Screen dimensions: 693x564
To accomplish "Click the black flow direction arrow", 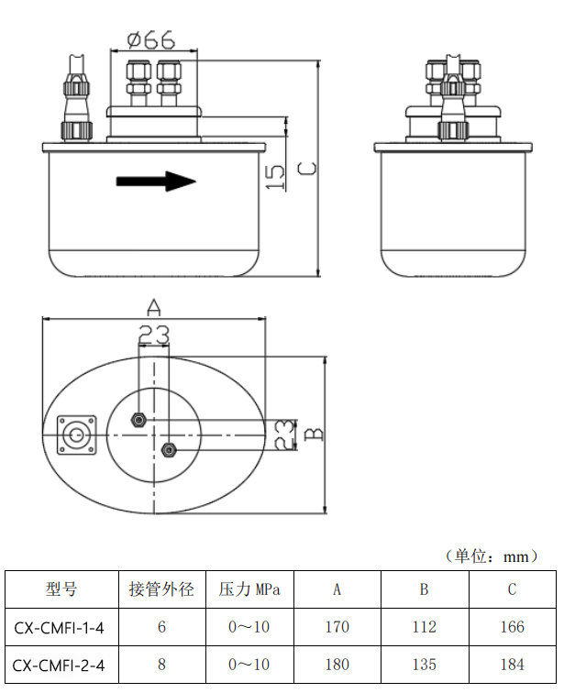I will point(156,181).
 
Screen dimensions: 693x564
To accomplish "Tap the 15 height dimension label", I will point(275,176).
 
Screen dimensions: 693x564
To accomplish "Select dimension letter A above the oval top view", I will point(154,306).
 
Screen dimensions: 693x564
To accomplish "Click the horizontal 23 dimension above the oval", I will point(154,335).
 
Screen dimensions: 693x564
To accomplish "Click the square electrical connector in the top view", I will point(77,434).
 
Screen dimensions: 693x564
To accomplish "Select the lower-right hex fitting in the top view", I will point(169,449).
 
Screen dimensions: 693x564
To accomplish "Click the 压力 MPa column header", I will point(249,588).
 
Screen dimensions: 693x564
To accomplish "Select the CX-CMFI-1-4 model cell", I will point(60,628).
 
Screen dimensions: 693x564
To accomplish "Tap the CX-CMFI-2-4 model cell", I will point(60,665).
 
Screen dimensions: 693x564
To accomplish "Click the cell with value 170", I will point(337,628).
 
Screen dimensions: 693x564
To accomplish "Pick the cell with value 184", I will point(512,665).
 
